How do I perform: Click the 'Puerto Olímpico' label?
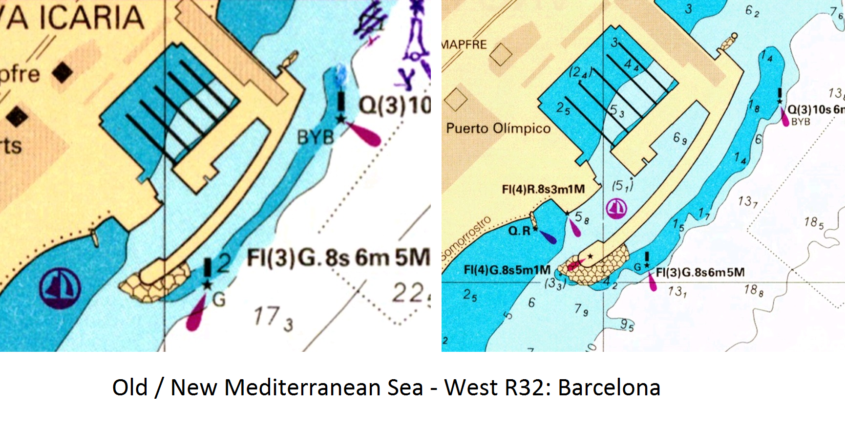(x=498, y=129)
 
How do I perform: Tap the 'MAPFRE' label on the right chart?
(x=464, y=44)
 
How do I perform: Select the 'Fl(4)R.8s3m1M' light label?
(x=543, y=189)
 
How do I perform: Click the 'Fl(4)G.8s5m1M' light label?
(x=507, y=270)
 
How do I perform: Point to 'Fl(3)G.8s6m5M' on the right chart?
(x=700, y=272)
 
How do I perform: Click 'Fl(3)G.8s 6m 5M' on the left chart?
(x=338, y=258)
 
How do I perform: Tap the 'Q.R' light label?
(x=519, y=231)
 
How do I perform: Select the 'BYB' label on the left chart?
(x=316, y=137)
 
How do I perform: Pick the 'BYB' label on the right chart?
(x=801, y=122)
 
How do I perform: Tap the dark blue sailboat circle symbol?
(x=60, y=288)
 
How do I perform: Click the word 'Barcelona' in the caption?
(x=609, y=388)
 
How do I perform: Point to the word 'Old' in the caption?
(x=130, y=388)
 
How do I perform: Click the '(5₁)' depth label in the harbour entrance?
(x=622, y=185)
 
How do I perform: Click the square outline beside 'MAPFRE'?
(x=501, y=54)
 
